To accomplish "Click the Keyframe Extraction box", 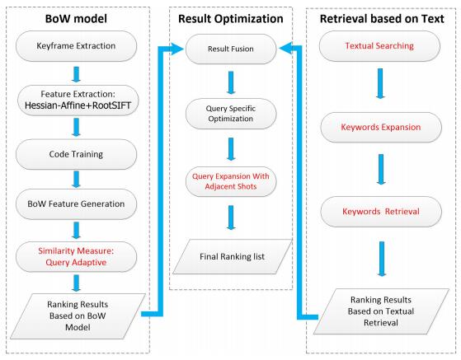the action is click(76, 46).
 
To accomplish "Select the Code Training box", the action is click(76, 154).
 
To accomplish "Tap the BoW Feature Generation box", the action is click(76, 203).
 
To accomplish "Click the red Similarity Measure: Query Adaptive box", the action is click(76, 257).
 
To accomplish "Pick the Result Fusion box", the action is click(231, 49).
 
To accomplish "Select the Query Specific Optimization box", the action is click(231, 114).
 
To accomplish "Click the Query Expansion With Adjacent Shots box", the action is click(231, 181).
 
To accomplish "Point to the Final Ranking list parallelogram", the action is click(233, 257).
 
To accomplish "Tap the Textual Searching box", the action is click(379, 46).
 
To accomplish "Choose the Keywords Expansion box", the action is click(381, 127).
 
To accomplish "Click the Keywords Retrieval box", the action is click(381, 212).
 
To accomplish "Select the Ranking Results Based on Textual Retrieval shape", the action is click(381, 311).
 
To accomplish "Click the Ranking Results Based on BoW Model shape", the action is click(78, 316).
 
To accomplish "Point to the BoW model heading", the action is click(76, 19).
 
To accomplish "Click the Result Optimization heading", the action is click(231, 19).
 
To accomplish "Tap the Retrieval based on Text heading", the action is click(382, 19).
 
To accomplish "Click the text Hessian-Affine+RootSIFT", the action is click(78, 105).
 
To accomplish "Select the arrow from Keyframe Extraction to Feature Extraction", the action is click(76, 74).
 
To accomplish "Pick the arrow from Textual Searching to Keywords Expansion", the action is click(380, 83).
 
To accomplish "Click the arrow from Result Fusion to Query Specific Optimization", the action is click(231, 82).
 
